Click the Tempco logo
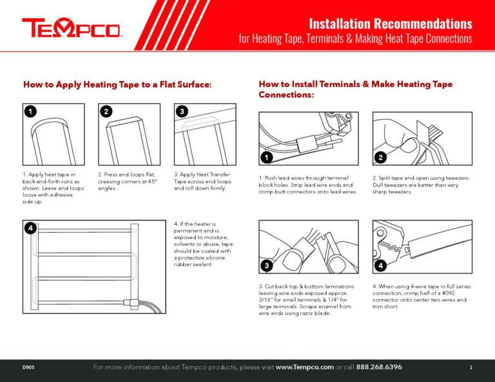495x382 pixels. [72, 28]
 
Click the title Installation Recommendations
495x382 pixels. [391, 24]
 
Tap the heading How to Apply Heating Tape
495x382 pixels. [117, 84]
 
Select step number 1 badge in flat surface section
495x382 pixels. [30, 111]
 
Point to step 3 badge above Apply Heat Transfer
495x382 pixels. [182, 111]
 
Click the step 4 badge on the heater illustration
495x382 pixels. [30, 228]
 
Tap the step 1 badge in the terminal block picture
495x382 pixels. [267, 157]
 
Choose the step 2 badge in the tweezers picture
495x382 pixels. [381, 157]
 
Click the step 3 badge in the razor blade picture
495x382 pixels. [267, 265]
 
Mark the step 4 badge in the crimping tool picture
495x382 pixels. [381, 265]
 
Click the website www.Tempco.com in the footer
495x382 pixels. [304, 367]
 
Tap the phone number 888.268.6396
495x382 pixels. [379, 367]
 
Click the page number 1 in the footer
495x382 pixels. [471, 367]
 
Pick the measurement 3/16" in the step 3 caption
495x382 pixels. [267, 300]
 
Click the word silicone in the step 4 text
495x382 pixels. [217, 258]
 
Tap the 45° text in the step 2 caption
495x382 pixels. [153, 181]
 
